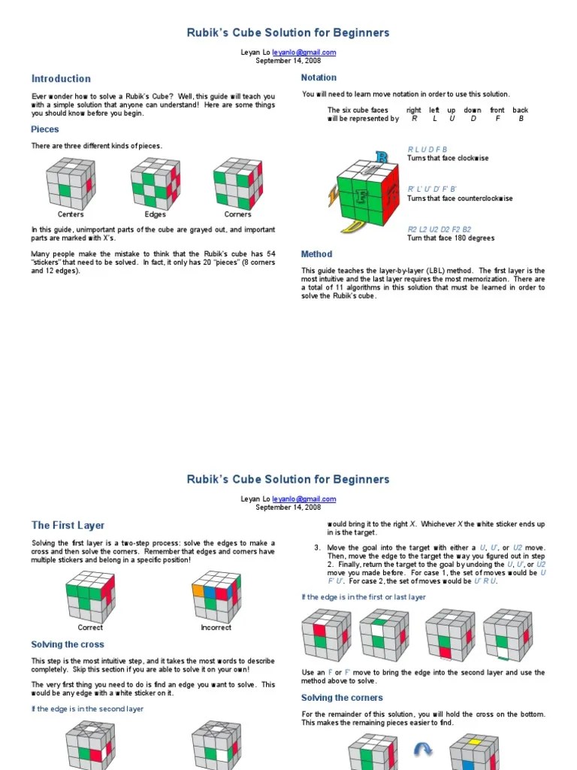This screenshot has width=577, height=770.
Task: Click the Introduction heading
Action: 61,79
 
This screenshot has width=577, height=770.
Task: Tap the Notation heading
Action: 319,77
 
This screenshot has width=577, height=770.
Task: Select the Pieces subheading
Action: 45,129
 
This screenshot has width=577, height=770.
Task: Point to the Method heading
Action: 316,254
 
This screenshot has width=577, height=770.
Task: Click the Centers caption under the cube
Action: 71,214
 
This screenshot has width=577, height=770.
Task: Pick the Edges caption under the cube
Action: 155,214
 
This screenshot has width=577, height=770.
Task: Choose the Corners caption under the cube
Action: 237,214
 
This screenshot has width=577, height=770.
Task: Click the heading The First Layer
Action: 68,526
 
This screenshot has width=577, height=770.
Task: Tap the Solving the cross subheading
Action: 68,644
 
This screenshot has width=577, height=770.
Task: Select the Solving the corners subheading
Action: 342,698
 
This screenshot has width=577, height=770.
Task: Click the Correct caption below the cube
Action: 90,627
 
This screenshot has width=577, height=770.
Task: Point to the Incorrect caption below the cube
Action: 216,627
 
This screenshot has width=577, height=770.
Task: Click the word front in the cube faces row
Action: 497,111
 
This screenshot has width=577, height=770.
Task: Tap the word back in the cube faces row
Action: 521,111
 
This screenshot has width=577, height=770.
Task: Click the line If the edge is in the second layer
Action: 87,708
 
